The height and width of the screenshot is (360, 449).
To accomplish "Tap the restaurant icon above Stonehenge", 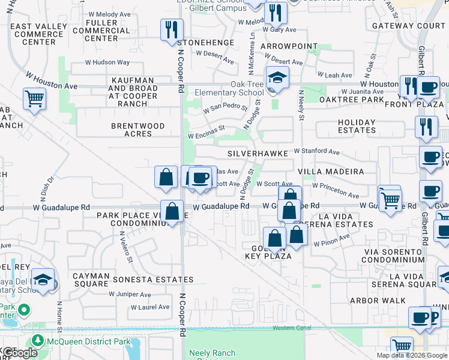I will click(x=172, y=29).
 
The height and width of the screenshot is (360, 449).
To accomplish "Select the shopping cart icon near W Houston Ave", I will click(x=34, y=98).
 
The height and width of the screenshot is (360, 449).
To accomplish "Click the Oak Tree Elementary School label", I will click(x=229, y=89).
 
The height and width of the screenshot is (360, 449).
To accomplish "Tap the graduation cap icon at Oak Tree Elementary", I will click(x=277, y=77).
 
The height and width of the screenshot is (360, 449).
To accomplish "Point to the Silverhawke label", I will click(x=258, y=154).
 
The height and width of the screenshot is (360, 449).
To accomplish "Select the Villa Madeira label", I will click(x=331, y=171).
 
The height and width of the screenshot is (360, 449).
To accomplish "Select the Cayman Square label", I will click(x=91, y=280).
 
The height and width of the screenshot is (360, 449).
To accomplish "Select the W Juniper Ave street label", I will click(x=130, y=294).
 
